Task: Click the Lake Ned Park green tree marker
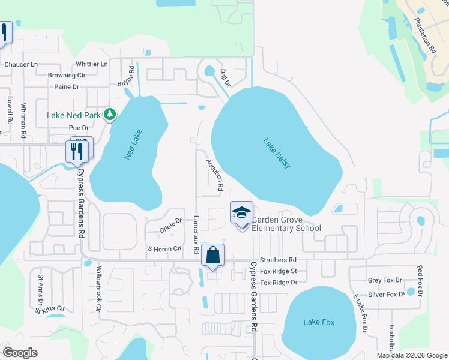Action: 109,114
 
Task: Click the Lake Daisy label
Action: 277,153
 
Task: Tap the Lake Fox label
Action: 319,322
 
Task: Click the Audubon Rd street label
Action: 215,175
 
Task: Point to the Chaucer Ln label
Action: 21,64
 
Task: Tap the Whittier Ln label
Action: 92,64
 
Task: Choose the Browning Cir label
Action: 67,76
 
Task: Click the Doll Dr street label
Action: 225,77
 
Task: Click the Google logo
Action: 20,353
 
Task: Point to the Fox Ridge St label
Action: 278,271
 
